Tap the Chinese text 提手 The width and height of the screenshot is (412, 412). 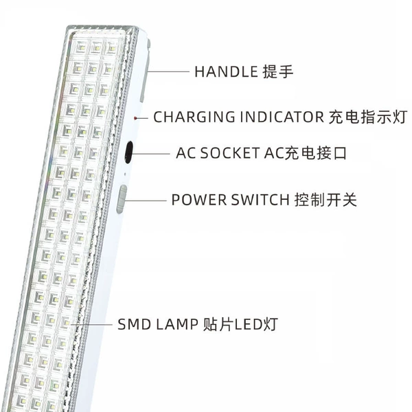[x=278, y=71]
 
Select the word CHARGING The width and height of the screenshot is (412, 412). [x=194, y=117]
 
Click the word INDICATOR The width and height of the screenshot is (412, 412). [x=282, y=117]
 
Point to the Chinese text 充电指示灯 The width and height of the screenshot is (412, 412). [x=368, y=117]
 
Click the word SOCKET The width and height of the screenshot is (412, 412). [x=229, y=153]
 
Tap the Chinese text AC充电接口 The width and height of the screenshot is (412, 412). [x=306, y=153]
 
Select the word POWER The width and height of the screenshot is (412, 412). [x=199, y=200]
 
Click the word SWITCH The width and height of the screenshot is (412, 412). [x=260, y=200]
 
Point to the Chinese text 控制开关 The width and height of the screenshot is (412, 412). [x=325, y=200]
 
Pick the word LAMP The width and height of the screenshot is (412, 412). [x=177, y=324]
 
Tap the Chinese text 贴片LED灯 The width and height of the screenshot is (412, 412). [x=240, y=324]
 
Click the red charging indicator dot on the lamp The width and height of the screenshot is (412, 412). [x=135, y=119]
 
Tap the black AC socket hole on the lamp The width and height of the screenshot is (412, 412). [x=129, y=152]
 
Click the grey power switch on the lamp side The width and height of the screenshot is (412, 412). [x=122, y=199]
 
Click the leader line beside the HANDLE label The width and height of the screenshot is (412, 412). [x=168, y=71]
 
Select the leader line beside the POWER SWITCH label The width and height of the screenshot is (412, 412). [x=146, y=201]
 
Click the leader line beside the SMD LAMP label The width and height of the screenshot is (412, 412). [x=92, y=325]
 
